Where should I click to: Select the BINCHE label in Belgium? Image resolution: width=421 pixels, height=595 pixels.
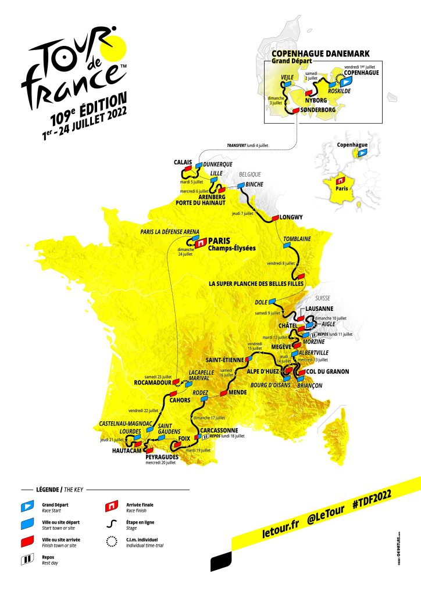[x=255, y=184]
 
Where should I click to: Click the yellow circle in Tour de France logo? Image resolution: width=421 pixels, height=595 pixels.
[x=114, y=46]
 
